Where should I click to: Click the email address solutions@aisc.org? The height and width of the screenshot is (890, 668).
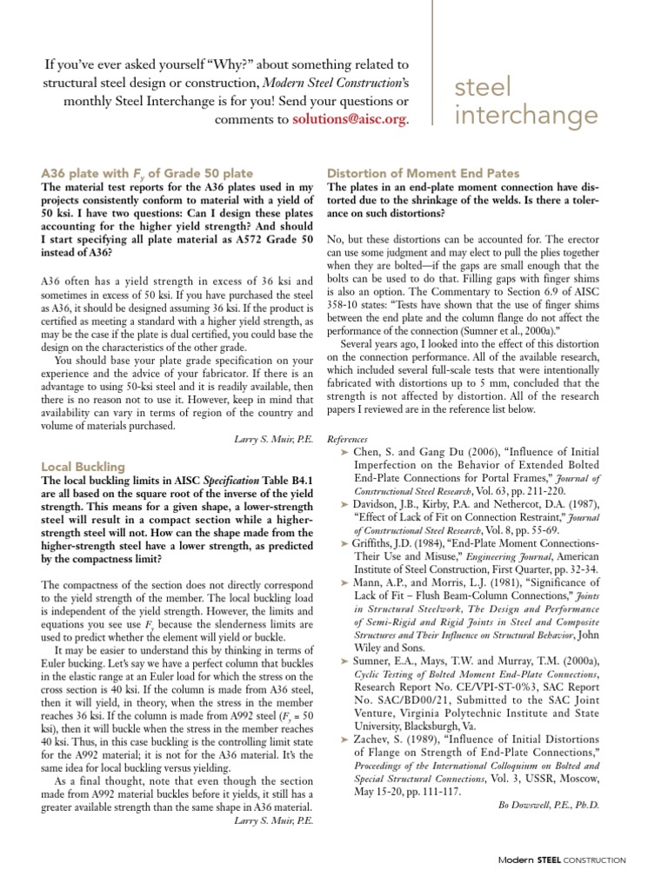click(349, 119)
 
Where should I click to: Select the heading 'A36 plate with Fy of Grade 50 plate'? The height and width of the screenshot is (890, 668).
click(148, 173)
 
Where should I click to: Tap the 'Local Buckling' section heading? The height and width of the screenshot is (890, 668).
click(83, 467)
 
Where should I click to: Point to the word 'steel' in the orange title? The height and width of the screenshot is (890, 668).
click(478, 87)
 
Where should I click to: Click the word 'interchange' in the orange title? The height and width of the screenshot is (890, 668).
click(527, 116)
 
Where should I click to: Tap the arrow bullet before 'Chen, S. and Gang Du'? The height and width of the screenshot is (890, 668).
click(346, 453)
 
